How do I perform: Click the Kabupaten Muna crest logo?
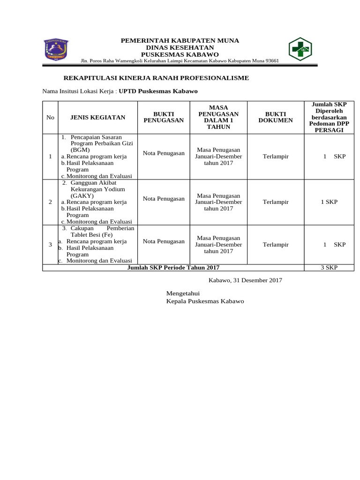(56, 49)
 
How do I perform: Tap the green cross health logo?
(300, 49)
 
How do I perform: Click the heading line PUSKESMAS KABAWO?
(180, 54)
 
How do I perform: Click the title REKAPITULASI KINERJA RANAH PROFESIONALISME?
(156, 78)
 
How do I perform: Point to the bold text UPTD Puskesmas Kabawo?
(158, 91)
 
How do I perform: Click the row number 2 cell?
(50, 202)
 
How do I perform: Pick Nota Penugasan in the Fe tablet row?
(164, 241)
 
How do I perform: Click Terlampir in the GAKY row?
(276, 202)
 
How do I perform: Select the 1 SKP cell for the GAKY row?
(329, 202)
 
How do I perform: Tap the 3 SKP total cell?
(329, 267)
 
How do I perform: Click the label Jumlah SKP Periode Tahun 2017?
(173, 267)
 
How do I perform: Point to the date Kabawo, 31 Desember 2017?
(245, 280)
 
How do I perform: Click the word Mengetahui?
(183, 293)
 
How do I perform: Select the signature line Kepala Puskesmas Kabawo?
(205, 301)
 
